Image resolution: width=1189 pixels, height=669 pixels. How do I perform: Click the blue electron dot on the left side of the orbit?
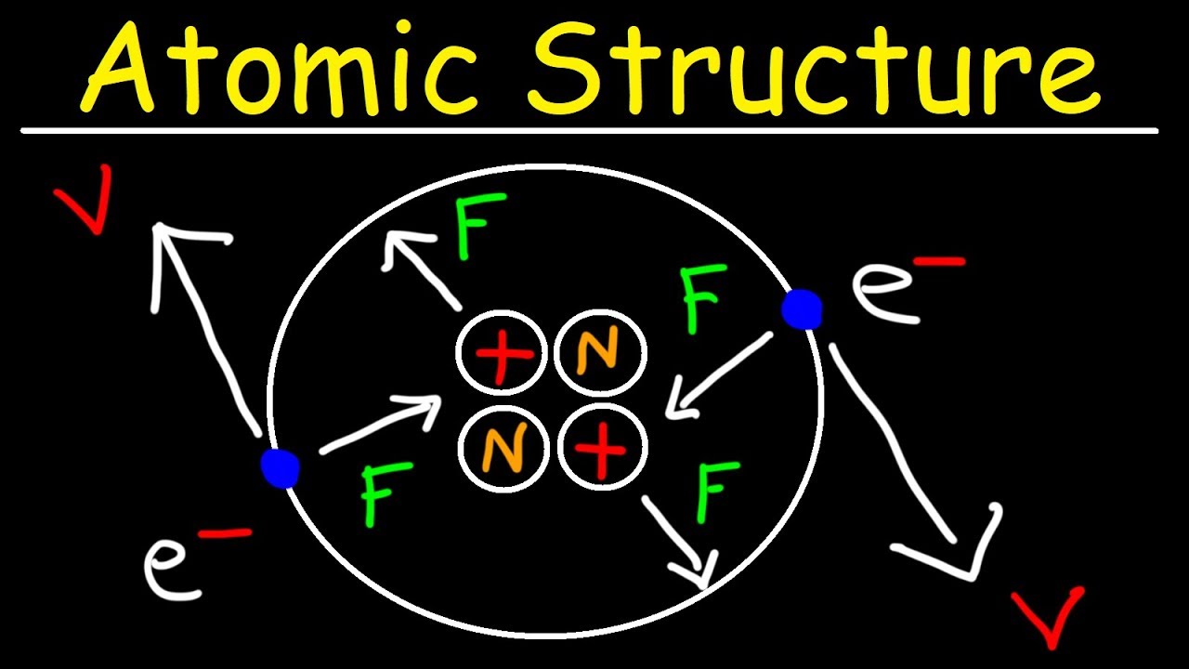[x=280, y=466]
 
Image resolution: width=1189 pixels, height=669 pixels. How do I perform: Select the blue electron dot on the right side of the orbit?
[x=801, y=309]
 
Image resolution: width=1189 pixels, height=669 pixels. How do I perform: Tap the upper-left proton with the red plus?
[x=501, y=355]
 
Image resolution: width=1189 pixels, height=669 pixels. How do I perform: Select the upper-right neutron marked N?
[x=600, y=354]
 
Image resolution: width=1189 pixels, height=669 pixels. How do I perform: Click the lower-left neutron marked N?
[x=502, y=451]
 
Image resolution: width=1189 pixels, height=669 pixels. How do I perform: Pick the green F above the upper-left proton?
[x=479, y=225]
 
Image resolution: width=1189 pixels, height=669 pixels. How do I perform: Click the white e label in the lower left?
[x=172, y=567]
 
